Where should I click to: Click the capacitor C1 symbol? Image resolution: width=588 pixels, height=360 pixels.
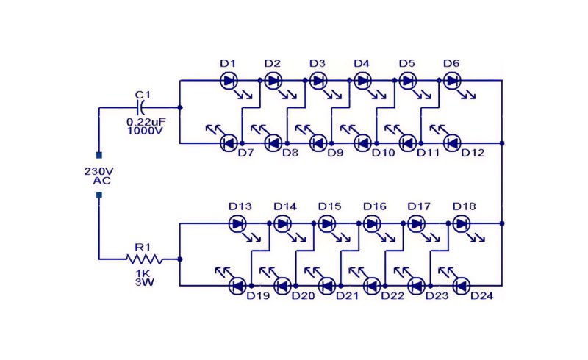click(141, 107)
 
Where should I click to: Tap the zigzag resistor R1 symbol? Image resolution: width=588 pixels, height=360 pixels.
click(144, 259)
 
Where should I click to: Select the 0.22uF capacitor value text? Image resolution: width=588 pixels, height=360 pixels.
click(146, 122)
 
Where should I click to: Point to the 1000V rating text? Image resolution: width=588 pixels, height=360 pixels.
click(145, 131)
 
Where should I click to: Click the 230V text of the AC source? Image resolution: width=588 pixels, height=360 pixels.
click(99, 171)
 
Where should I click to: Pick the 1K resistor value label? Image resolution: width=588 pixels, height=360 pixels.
click(143, 273)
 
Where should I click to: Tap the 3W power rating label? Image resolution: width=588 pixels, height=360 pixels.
click(144, 282)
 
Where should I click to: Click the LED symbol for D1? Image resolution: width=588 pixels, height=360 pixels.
click(229, 81)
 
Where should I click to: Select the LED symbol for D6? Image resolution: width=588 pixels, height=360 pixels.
click(452, 81)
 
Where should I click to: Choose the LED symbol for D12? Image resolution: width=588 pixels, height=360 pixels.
click(452, 143)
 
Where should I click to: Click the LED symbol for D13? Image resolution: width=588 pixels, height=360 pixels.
click(237, 224)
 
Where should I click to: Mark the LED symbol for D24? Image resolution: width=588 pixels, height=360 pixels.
click(462, 286)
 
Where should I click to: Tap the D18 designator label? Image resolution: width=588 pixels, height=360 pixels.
click(465, 206)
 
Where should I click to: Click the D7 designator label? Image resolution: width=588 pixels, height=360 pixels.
click(246, 153)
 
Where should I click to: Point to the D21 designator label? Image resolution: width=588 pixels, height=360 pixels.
click(347, 296)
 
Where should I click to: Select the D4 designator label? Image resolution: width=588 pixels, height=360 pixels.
click(362, 63)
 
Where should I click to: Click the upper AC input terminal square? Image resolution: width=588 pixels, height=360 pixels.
click(99, 155)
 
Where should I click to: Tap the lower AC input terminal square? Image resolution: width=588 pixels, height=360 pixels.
click(99, 195)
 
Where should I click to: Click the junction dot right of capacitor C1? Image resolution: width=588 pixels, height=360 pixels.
click(180, 107)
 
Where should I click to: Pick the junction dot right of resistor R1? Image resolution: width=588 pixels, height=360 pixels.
click(180, 259)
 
